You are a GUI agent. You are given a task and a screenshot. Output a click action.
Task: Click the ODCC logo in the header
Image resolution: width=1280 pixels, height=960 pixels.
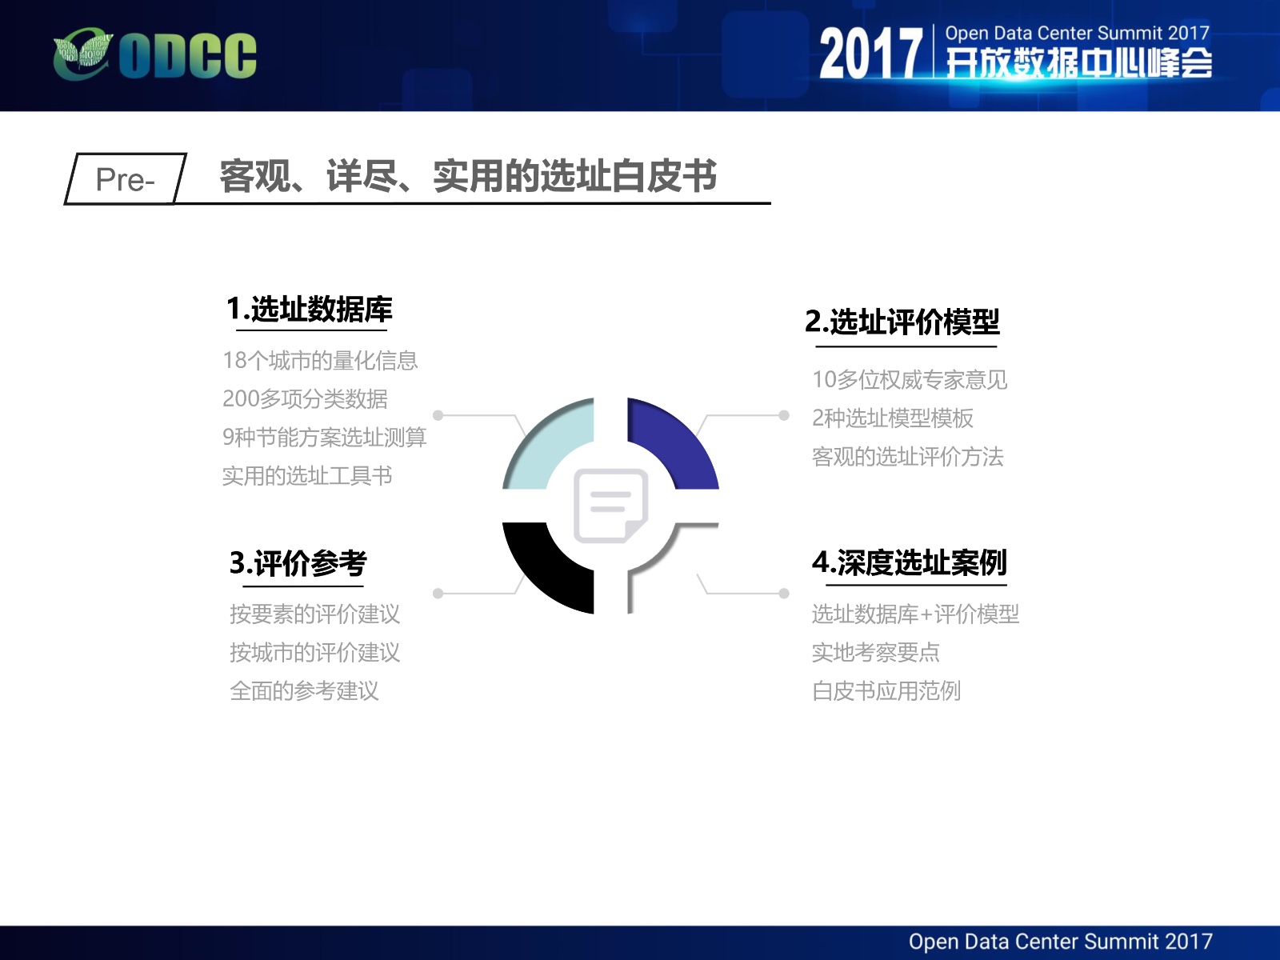pos(154,55)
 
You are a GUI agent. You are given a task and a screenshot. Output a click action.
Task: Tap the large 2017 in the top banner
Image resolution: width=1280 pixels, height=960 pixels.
pos(870,54)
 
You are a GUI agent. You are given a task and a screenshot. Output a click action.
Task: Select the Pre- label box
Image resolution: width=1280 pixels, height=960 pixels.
pos(126,179)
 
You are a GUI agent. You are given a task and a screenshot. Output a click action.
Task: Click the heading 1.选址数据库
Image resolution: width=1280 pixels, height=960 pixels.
pos(309,309)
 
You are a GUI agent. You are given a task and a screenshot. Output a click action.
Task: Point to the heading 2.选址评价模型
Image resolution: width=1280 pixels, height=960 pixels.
pos(902,322)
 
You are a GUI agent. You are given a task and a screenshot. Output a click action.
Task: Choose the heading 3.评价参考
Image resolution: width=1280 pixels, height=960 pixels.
pos(298,563)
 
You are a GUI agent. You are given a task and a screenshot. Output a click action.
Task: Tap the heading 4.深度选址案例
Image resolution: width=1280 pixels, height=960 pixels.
pos(909,562)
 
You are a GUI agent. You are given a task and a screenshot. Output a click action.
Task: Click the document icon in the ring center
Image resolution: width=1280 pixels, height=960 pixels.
pos(610,506)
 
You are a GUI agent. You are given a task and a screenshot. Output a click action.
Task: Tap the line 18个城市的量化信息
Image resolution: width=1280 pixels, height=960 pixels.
pos(320,361)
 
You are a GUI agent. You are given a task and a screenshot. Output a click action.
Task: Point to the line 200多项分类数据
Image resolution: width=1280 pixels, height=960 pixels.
pos(305,399)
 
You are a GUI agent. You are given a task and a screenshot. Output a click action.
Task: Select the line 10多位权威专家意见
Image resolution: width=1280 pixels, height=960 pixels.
pos(910,380)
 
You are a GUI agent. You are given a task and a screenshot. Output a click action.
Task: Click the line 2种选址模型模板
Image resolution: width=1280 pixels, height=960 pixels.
pos(893,418)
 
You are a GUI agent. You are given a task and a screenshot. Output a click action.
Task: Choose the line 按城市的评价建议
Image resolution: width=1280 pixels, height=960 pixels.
pos(315,653)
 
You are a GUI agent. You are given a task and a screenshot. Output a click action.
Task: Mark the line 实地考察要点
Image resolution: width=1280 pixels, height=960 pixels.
pos(876,653)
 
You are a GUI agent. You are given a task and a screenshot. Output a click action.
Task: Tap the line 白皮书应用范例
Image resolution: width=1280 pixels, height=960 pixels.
pos(886,691)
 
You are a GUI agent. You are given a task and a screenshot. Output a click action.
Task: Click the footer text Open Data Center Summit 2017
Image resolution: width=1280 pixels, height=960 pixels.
pos(1061,942)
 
